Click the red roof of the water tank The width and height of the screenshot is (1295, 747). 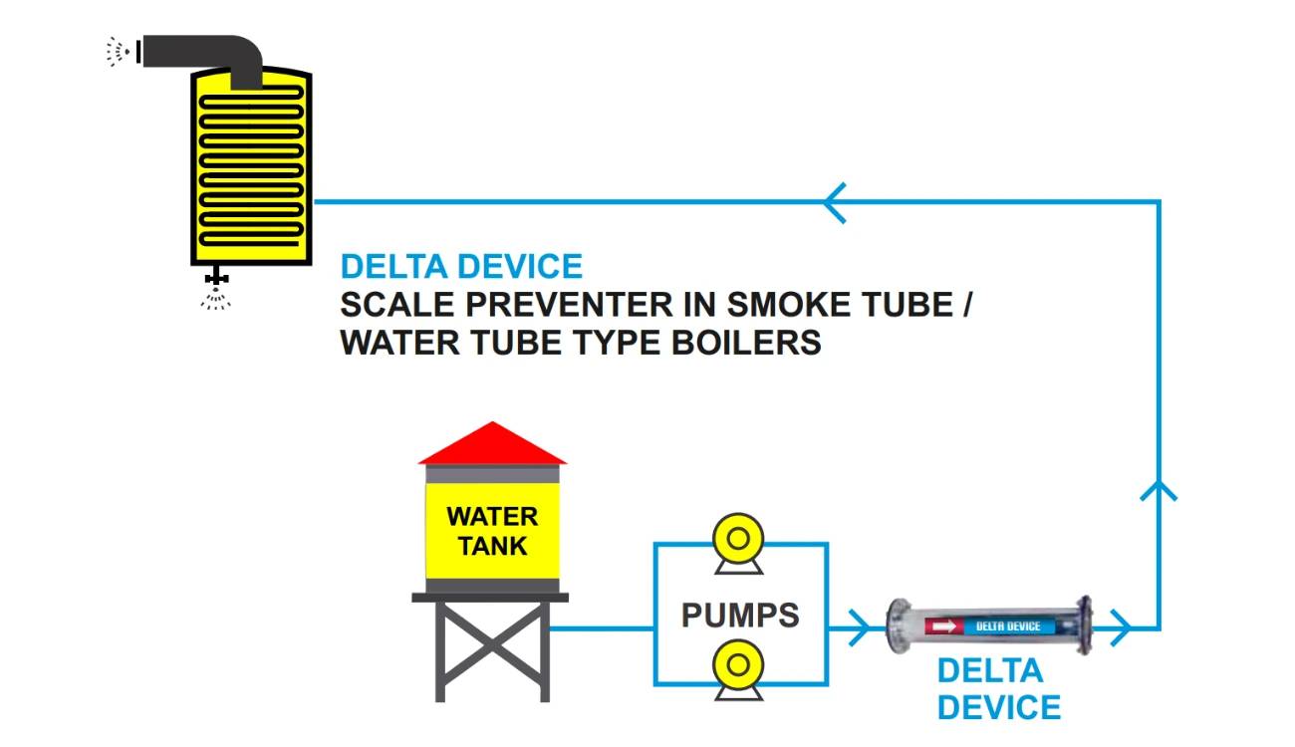pos(492,445)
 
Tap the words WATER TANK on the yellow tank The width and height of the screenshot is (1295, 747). pos(492,531)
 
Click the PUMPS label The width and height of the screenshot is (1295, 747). pos(740,615)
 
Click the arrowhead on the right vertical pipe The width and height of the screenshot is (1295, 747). pos(1159,489)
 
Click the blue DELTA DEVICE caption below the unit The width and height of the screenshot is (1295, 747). pos(998,688)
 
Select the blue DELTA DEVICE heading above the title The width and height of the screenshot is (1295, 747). pos(461,267)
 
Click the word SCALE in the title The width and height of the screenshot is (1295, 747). pos(390,305)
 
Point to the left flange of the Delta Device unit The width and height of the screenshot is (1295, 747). pos(899,626)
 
